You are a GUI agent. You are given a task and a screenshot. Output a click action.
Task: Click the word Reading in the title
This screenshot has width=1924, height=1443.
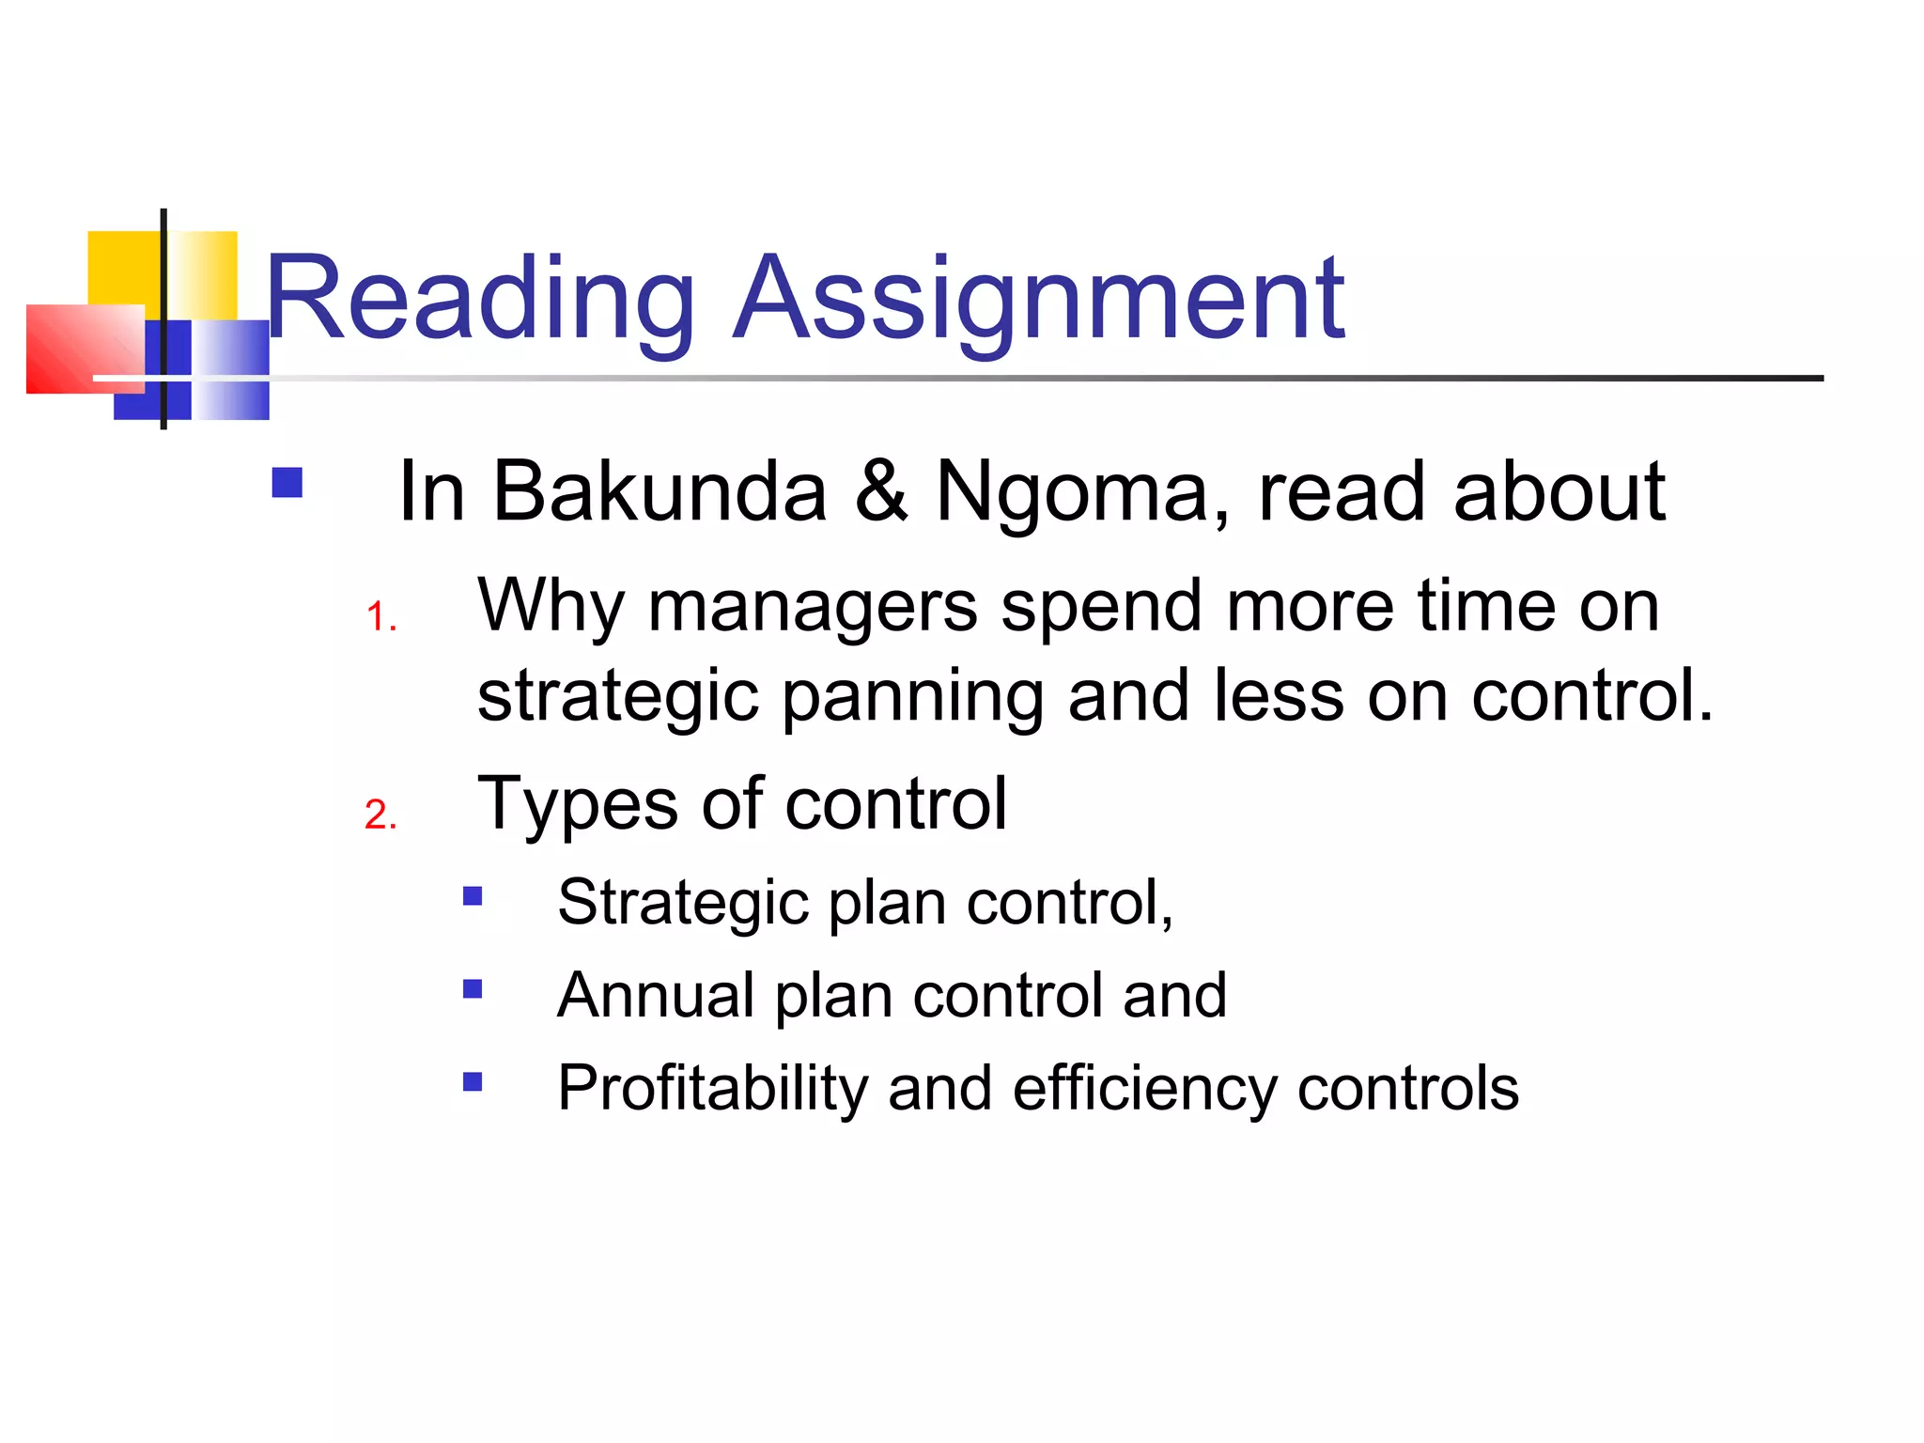click(x=479, y=299)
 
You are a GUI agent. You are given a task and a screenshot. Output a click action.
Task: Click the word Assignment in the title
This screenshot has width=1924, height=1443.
click(x=1039, y=299)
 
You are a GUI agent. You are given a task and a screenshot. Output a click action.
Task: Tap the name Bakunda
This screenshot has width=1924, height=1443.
click(x=659, y=491)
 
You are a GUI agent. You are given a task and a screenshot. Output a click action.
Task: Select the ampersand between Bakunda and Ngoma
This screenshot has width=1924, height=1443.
click(x=881, y=491)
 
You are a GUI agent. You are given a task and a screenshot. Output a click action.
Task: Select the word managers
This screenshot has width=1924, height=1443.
click(x=813, y=606)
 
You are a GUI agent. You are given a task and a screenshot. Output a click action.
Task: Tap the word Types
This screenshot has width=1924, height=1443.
click(x=577, y=804)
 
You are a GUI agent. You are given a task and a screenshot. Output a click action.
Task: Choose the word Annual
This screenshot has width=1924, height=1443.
click(x=656, y=995)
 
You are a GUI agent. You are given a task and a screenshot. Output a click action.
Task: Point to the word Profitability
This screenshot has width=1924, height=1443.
click(x=711, y=1088)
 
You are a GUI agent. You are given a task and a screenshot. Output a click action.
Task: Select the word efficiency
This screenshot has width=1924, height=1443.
click(x=1144, y=1088)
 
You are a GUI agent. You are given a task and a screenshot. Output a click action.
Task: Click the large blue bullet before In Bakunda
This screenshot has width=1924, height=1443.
click(x=287, y=483)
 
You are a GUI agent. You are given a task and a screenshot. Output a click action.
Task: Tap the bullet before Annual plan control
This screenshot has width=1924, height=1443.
click(x=473, y=988)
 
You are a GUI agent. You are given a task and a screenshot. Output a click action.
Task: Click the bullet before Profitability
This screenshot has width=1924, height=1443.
click(x=473, y=1081)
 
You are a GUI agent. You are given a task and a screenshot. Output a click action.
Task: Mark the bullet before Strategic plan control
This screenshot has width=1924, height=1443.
click(x=473, y=896)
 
